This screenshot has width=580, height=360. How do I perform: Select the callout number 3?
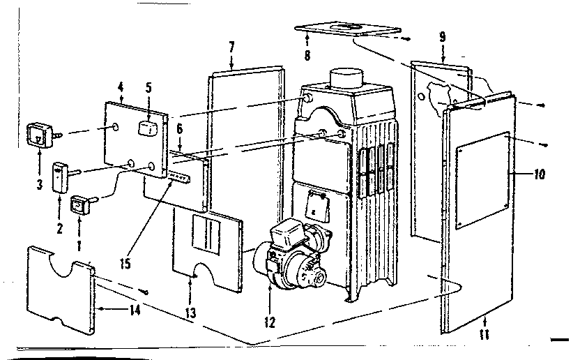(x=39, y=185)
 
